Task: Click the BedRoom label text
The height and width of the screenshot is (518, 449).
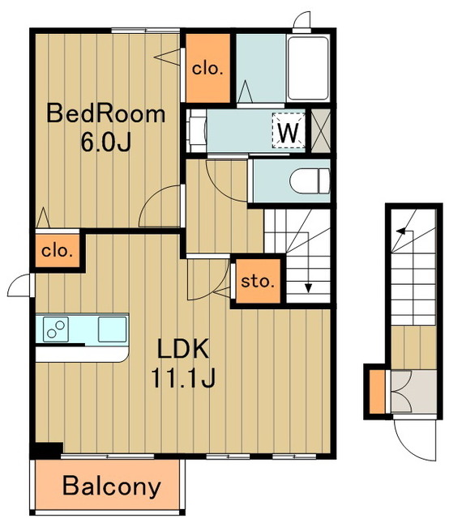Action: tap(105, 113)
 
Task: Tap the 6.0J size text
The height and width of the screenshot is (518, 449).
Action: tap(106, 142)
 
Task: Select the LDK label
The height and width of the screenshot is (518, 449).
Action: tap(183, 349)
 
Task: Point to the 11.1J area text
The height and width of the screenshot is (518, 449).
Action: tap(183, 377)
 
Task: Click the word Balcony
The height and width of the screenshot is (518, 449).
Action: tap(112, 486)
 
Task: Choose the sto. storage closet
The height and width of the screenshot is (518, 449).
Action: tap(258, 281)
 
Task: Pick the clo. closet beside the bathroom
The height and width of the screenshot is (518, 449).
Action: tap(207, 68)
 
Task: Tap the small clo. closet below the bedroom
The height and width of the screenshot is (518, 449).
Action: tap(58, 251)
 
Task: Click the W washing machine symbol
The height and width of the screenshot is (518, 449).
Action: tap(289, 130)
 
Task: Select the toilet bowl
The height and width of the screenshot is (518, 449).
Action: tap(310, 180)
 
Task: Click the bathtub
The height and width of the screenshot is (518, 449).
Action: tap(308, 68)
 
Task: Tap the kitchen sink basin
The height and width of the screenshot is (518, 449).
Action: tap(112, 329)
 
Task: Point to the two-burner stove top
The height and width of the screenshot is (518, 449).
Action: tap(56, 329)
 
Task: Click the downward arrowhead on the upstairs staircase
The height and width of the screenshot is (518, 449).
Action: tap(308, 288)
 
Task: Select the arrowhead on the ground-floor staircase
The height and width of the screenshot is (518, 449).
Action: tap(401, 231)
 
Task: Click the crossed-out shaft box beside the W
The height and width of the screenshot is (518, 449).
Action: tap(321, 130)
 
